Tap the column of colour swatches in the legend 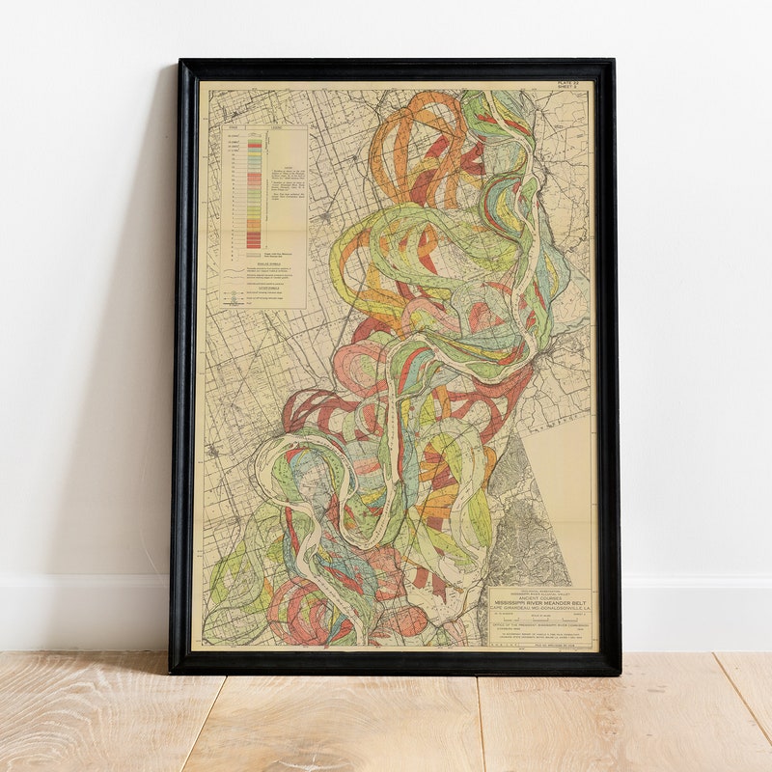pos(255,193)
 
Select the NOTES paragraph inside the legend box pos(285,183)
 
